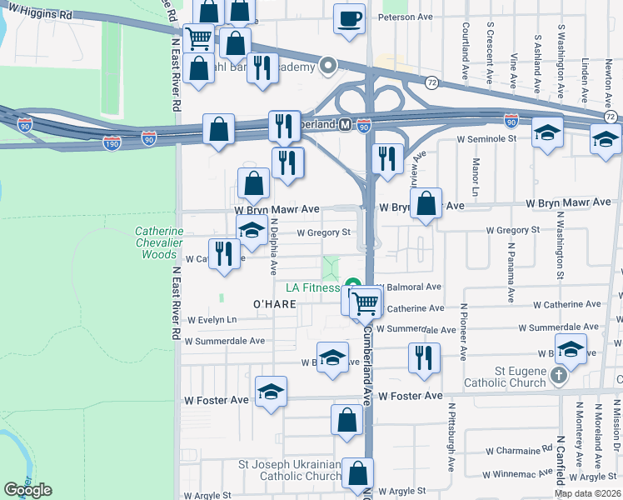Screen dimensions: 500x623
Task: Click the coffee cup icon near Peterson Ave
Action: click(x=350, y=18)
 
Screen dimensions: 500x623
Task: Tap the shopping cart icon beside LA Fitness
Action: click(x=366, y=304)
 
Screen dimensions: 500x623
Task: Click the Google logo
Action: click(x=27, y=490)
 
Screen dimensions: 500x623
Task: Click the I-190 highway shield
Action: click(x=112, y=144)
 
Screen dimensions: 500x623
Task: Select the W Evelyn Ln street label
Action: click(x=212, y=320)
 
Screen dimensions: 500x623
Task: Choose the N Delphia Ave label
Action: click(x=273, y=247)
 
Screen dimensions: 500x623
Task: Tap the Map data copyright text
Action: click(x=587, y=493)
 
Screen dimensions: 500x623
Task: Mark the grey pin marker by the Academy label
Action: click(x=328, y=65)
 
